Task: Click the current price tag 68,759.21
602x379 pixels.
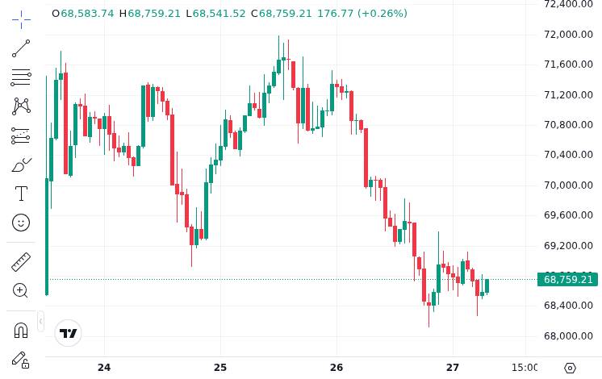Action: click(x=568, y=280)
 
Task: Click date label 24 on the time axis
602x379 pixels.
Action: click(x=104, y=368)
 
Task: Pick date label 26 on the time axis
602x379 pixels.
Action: click(x=337, y=368)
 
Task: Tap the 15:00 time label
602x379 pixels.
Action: click(x=525, y=368)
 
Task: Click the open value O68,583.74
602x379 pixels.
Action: click(x=83, y=14)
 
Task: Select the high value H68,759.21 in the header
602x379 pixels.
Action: click(x=150, y=14)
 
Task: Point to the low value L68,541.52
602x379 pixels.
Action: click(x=215, y=14)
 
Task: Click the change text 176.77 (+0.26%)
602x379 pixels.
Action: click(x=362, y=14)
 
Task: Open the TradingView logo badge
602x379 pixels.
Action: click(x=69, y=333)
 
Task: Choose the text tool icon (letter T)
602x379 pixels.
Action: click(x=21, y=194)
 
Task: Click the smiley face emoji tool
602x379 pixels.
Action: click(x=21, y=222)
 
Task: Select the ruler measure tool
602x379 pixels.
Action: click(x=21, y=262)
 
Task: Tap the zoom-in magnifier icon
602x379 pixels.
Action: click(x=21, y=290)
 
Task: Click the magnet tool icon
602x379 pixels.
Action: click(x=21, y=330)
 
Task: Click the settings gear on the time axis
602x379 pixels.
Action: click(x=570, y=368)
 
